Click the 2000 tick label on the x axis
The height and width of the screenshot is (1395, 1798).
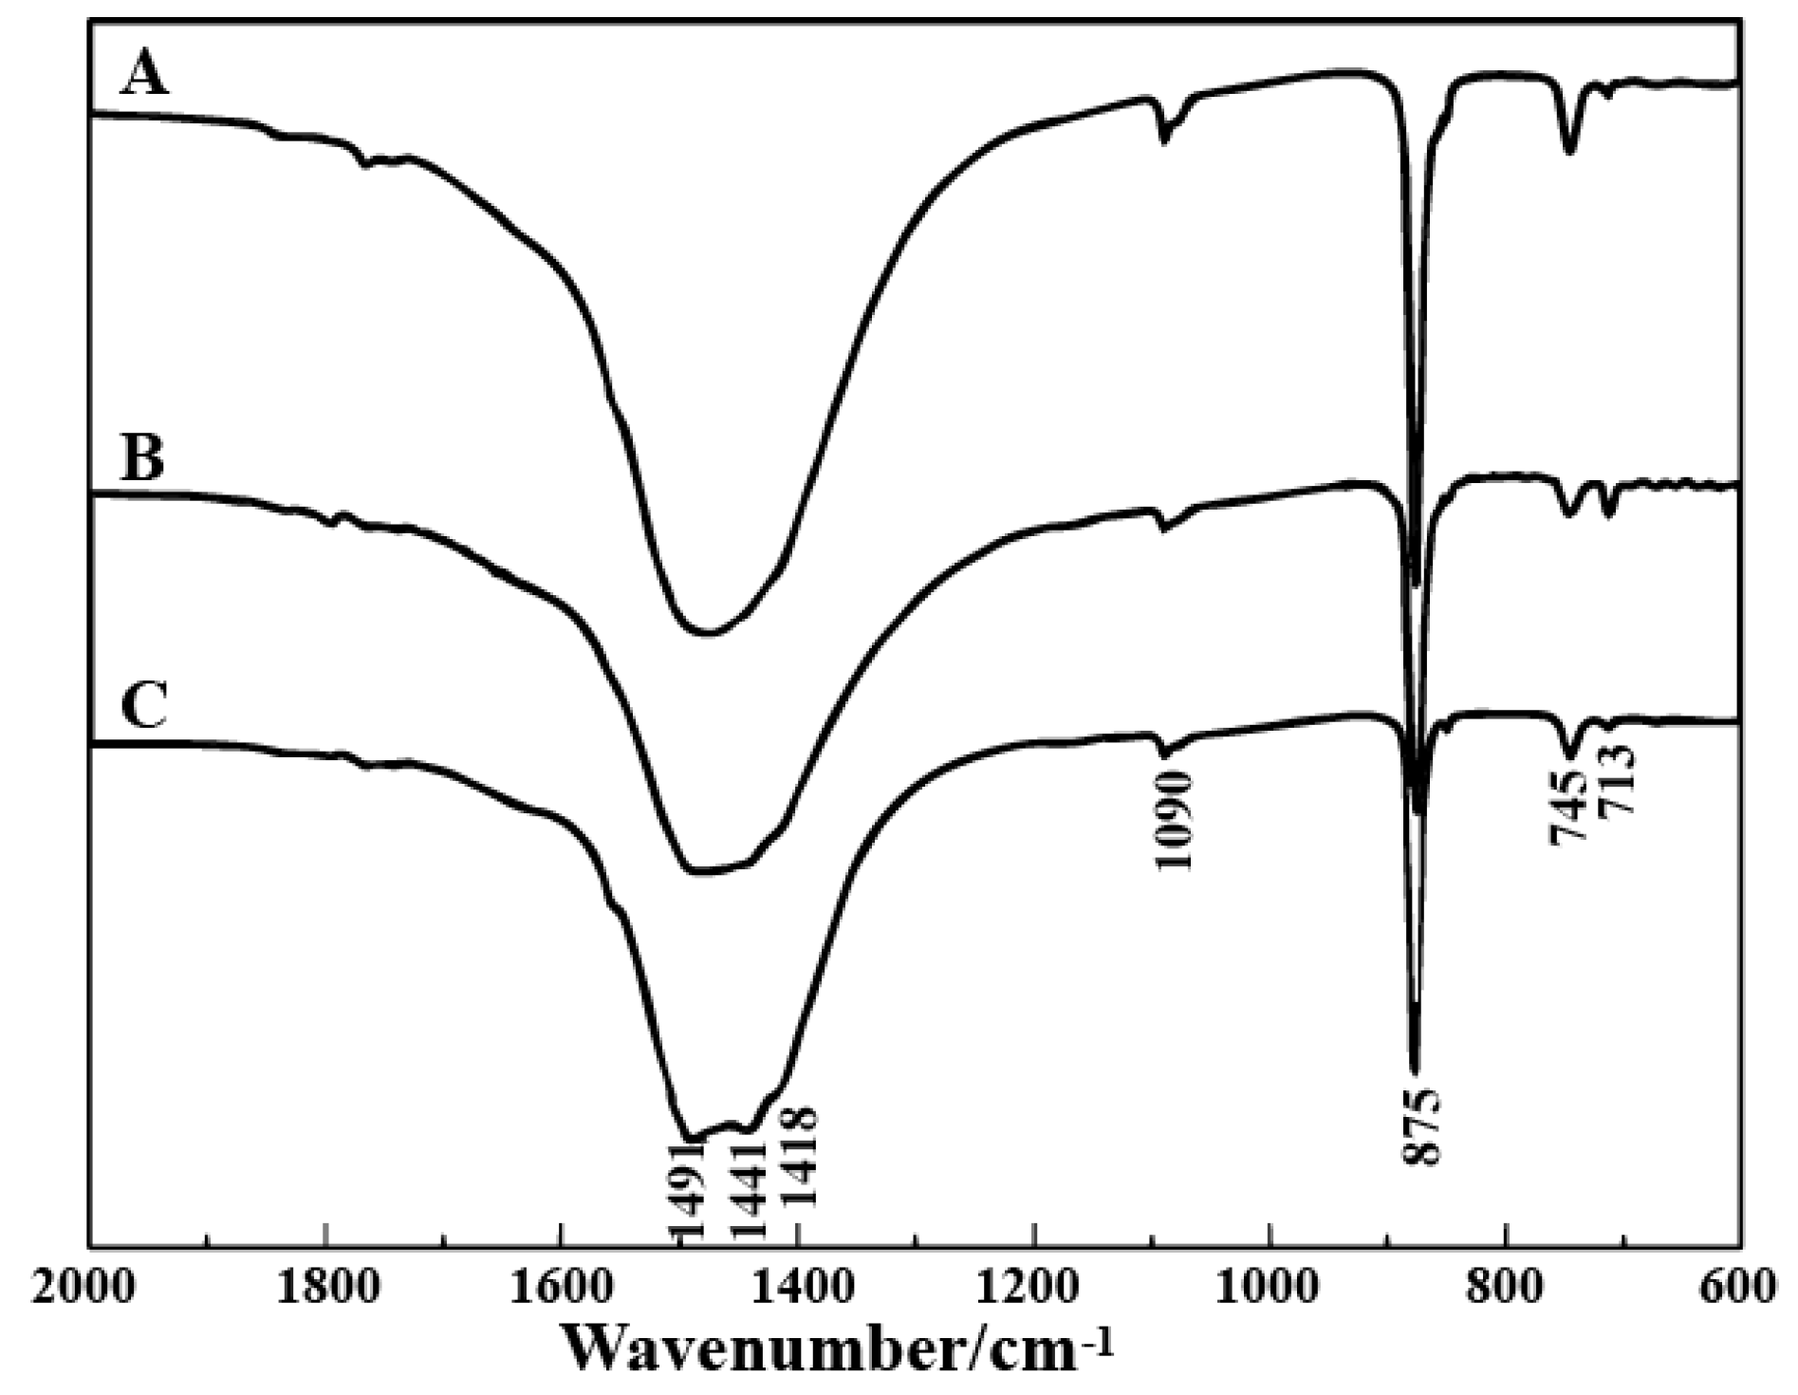[x=89, y=1289]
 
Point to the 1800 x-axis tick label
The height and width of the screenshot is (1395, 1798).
[x=325, y=1289]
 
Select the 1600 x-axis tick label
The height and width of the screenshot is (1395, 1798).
[x=561, y=1289]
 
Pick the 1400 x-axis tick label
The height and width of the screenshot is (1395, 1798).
[x=797, y=1289]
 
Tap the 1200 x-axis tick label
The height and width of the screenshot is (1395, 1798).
[x=1033, y=1289]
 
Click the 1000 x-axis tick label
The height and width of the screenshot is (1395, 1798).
[x=1269, y=1289]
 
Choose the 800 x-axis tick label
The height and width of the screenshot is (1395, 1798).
[x=1506, y=1289]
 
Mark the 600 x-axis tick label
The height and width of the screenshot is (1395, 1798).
[x=1739, y=1289]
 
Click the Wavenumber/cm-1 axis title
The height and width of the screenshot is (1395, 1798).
[x=841, y=1350]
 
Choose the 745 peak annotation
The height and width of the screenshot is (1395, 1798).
[x=1567, y=808]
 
